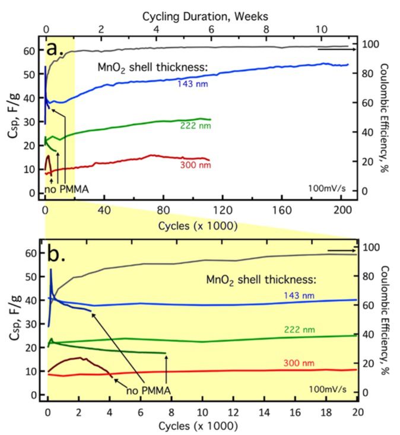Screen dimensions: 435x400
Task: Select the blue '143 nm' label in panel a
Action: pos(193,84)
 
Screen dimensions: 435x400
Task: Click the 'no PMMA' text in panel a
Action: pos(67,190)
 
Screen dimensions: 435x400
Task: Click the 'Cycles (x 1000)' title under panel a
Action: pos(198,226)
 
